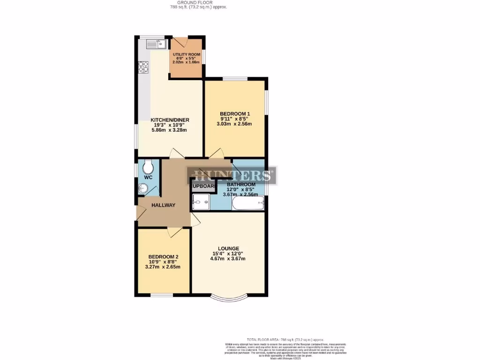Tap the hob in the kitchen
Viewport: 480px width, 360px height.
(x=143, y=67)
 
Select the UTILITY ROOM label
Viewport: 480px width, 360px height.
(x=186, y=55)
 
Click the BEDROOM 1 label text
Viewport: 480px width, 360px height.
(x=235, y=113)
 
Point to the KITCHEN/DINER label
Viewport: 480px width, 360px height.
(x=170, y=120)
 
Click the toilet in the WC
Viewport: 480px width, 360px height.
(x=148, y=167)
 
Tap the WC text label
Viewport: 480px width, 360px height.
(x=148, y=178)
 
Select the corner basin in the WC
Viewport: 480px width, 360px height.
(x=143, y=189)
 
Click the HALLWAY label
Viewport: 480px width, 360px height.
(x=163, y=205)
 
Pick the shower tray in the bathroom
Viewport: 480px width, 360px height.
(x=201, y=202)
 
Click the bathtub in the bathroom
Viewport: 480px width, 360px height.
(x=247, y=203)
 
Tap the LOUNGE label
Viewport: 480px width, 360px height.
(x=228, y=248)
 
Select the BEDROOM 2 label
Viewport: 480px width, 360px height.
(x=163, y=257)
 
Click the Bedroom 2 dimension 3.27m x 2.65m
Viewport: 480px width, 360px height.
(x=163, y=267)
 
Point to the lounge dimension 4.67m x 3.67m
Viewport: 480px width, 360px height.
(x=228, y=259)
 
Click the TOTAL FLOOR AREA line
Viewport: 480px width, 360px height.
(x=285, y=339)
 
